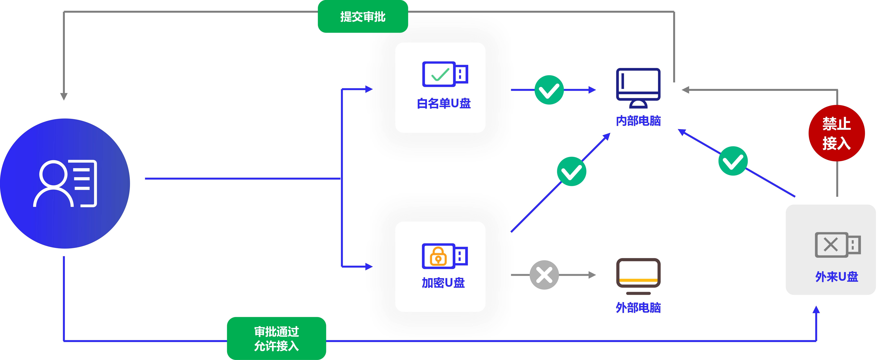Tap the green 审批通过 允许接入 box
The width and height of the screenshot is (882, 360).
(x=276, y=338)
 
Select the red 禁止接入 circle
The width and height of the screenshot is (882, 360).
(x=836, y=133)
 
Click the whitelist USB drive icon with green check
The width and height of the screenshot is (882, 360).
(x=445, y=74)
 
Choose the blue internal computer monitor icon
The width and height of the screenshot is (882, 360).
(x=638, y=88)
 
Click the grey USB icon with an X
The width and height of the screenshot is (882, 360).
(x=838, y=245)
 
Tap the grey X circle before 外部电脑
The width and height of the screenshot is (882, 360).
(x=544, y=275)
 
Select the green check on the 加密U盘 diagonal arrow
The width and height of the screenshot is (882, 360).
(x=571, y=171)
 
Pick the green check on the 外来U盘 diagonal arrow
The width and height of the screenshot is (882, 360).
(x=733, y=161)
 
